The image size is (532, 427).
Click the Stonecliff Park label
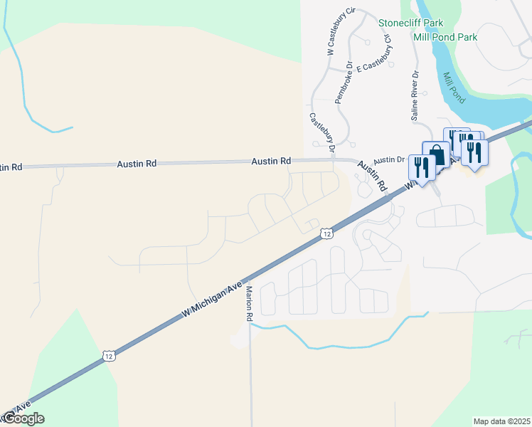pos(415,23)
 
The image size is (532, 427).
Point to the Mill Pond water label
pos(454,88)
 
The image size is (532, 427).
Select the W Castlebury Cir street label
pos(341,31)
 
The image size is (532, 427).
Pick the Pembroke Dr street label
pos(345,82)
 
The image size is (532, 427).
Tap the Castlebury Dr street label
pos(322,132)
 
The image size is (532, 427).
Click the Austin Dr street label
pos(389,160)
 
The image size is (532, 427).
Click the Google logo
pos(23,418)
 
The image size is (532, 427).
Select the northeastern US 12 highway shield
pos(326,233)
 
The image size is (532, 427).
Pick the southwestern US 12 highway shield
pos(108,355)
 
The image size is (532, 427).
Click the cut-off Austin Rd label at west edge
pos(11,167)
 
